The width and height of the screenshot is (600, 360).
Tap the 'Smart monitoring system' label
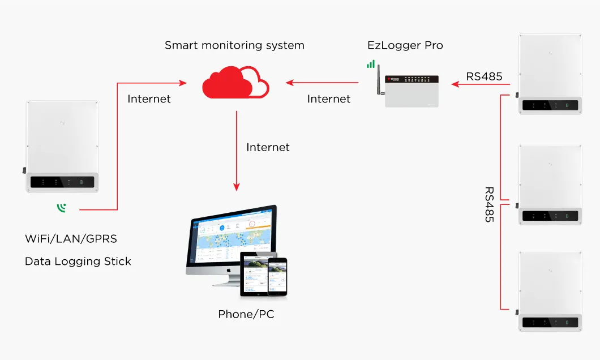pos(234,45)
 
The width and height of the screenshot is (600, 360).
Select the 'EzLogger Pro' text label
pos(405,45)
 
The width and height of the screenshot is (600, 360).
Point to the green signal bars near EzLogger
pos(371,65)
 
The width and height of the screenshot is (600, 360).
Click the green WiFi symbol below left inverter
pos(61,208)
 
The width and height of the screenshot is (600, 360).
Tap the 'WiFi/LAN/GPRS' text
pos(71,239)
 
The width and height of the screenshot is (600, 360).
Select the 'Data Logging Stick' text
pos(78,262)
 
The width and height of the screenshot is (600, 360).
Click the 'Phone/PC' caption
pos(246,315)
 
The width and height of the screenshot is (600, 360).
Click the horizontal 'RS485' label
pos(484,76)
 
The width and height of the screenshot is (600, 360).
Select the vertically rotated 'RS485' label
pos(489,204)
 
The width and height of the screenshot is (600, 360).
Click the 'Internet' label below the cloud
pos(268,147)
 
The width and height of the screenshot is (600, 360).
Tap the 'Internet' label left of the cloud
pos(149,99)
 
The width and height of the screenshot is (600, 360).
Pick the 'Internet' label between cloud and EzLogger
pos(328,99)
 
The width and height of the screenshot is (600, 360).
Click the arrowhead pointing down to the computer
pos(237,187)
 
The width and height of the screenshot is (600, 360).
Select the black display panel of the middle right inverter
pos(550,216)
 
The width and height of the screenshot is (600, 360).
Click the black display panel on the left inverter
pos(63,182)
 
